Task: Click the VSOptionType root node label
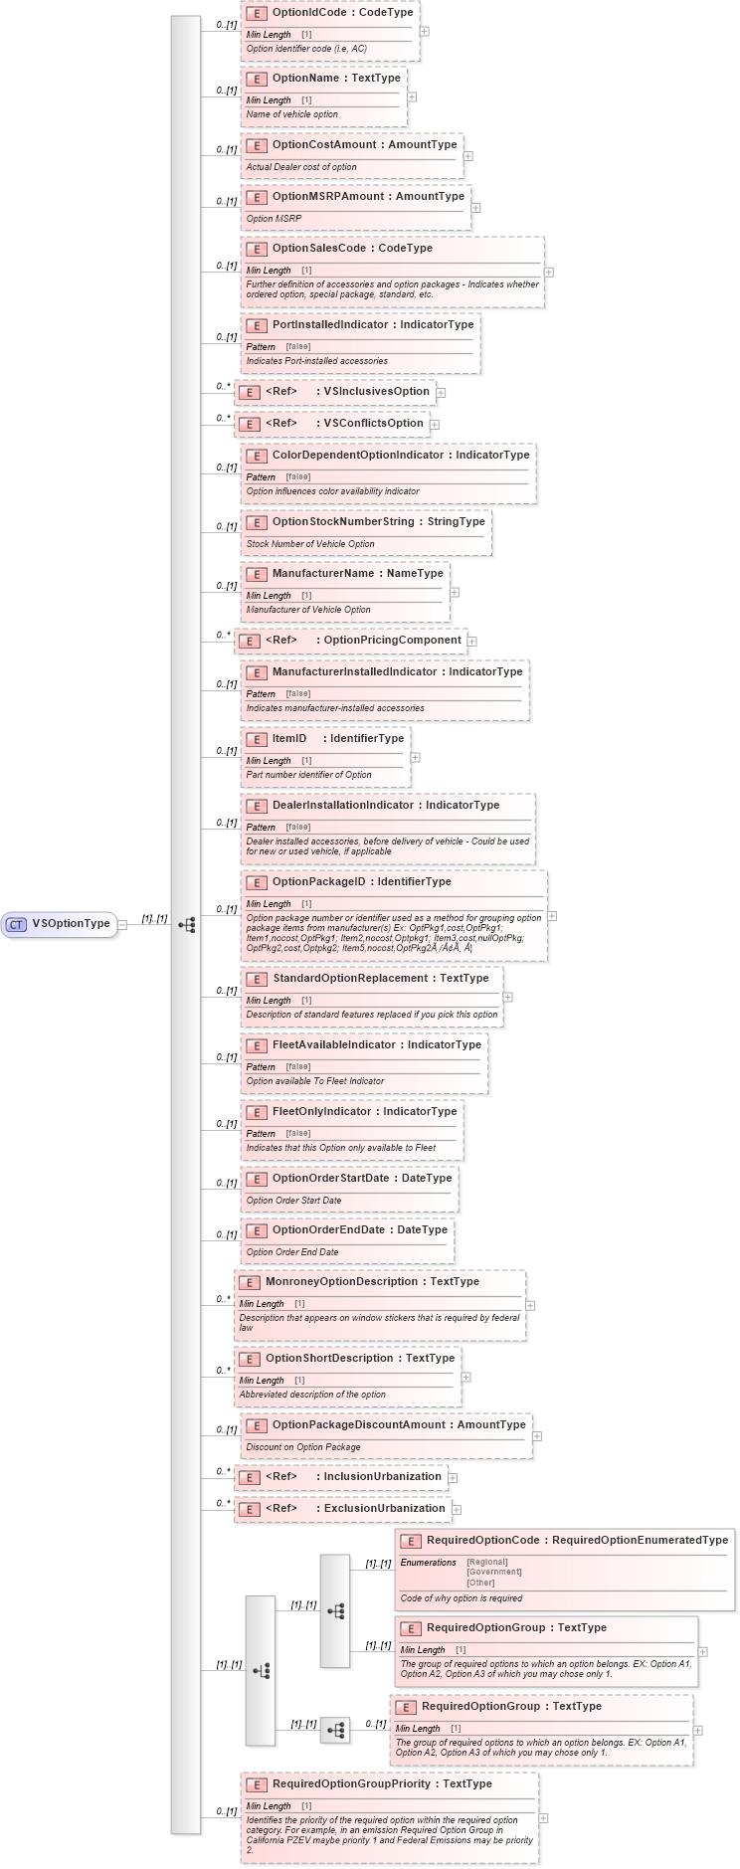point(71,923)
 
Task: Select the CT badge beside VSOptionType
point(16,924)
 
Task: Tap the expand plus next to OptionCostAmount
point(468,156)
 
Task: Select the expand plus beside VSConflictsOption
point(435,425)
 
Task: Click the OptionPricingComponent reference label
point(392,640)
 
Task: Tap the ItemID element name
point(289,738)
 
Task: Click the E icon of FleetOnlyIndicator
point(256,1112)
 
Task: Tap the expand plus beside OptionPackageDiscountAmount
point(537,1435)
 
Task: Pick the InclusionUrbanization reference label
point(382,1476)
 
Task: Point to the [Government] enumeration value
point(493,1572)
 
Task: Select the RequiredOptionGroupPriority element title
point(382,1783)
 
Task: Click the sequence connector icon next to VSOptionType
point(186,924)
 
